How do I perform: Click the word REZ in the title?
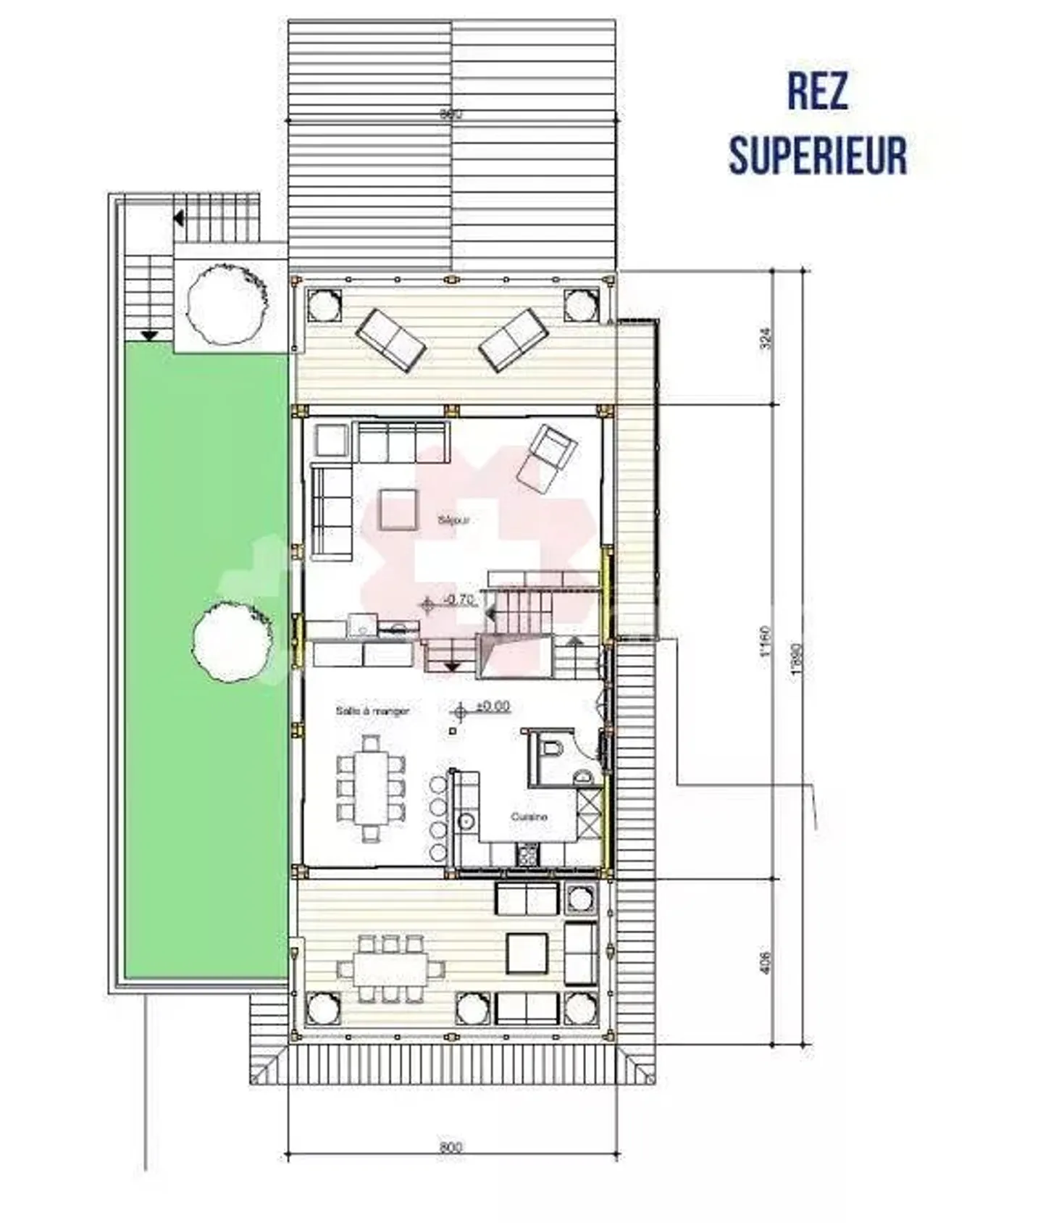pos(817,92)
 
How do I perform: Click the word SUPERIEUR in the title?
pos(817,155)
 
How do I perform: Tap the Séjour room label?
pos(453,519)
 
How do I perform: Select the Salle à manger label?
pos(372,711)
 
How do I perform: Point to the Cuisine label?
pos(529,817)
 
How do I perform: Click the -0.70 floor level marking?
pos(458,599)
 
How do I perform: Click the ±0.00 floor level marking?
pos(493,706)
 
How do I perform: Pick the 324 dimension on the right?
pos(766,338)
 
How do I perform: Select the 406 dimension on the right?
pos(766,961)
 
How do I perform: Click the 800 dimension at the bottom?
pos(451,1147)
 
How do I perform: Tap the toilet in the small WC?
pos(553,748)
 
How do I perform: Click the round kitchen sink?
pos(466,821)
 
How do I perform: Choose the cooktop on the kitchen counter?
pos(527,856)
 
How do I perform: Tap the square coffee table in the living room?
pos(398,509)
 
